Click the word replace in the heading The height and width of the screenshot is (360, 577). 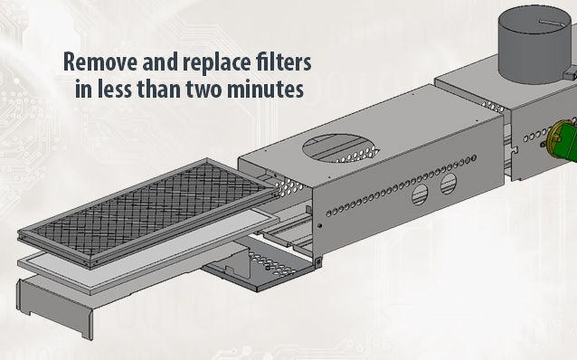point(210,62)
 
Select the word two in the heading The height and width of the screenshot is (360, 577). point(204,89)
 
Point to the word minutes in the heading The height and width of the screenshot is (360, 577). point(265,89)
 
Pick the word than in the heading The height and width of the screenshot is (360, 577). point(158,89)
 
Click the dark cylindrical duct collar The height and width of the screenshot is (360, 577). point(535,44)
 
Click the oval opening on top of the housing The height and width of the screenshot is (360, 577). point(340,147)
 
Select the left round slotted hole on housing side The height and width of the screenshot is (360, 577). point(420,194)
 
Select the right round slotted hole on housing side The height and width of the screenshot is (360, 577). point(449,184)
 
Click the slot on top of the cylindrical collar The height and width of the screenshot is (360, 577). point(552,24)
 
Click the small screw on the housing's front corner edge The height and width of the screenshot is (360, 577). point(319,225)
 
